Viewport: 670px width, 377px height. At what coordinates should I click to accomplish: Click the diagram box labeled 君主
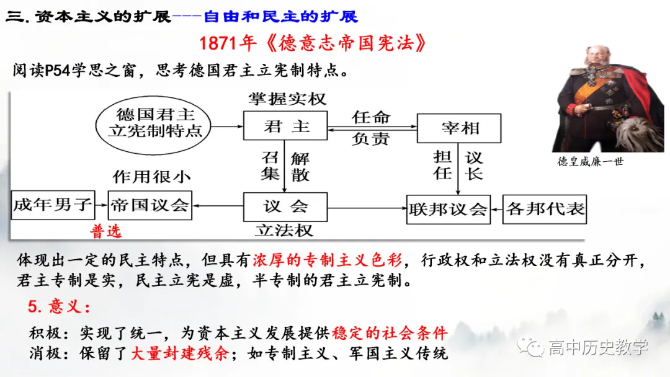pos(285,127)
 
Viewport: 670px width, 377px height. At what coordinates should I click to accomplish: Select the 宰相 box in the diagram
pos(459,128)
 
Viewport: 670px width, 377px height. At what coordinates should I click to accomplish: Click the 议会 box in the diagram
pos(285,206)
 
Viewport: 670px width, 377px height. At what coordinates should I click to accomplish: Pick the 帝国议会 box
pos(150,205)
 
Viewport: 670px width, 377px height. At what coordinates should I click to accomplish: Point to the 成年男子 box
pos(53,205)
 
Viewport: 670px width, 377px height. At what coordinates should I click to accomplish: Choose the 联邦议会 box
pos(447,210)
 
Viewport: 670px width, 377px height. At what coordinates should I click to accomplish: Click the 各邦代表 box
pos(545,209)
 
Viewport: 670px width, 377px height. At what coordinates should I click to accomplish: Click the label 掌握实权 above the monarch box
pos(287,99)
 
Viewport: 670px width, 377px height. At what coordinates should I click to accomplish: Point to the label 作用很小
pos(151,177)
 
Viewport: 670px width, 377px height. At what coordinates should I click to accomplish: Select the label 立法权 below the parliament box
pos(284,231)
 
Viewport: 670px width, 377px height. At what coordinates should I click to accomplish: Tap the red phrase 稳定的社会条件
pos(390,333)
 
